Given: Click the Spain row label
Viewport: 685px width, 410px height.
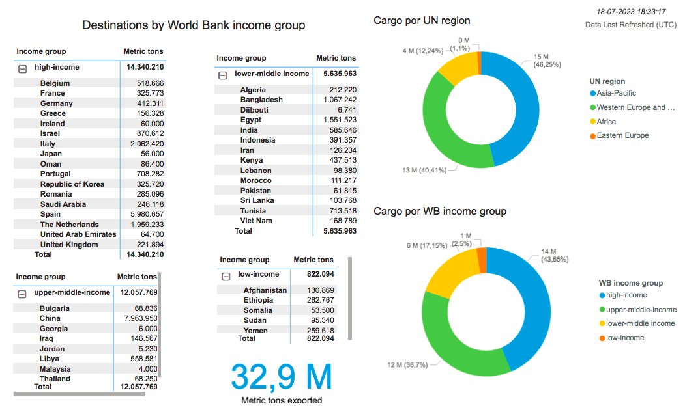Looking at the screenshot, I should (50, 214).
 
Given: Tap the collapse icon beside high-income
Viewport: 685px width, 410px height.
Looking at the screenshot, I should (23, 68).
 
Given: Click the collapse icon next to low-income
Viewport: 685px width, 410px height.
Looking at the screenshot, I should (226, 276).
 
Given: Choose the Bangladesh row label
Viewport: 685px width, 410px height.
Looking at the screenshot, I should (261, 100).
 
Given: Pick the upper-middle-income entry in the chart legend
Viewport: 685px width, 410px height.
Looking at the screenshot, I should (641, 309).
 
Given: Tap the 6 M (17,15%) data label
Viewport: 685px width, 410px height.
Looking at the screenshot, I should (428, 245).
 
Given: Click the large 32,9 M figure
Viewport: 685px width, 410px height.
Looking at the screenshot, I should (281, 376).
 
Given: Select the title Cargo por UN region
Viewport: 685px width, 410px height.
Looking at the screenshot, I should (422, 21).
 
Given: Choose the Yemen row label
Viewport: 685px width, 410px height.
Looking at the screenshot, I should (255, 331).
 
